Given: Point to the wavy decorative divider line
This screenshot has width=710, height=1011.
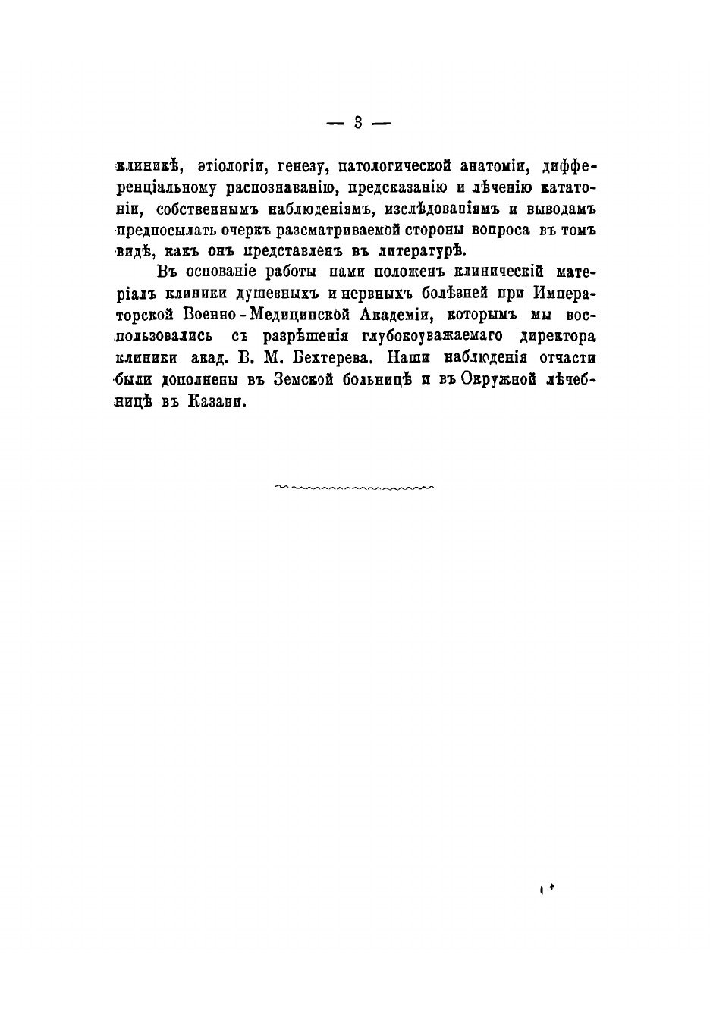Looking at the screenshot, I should click(355, 487).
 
